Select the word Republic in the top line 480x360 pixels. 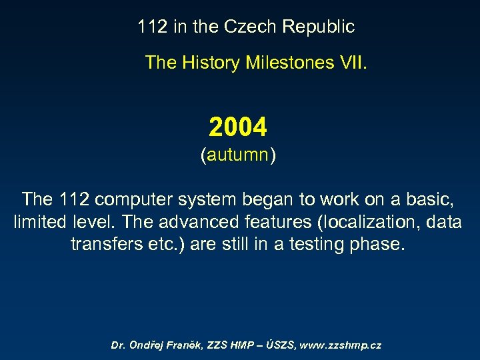click(x=318, y=27)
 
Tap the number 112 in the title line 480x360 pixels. click(x=152, y=27)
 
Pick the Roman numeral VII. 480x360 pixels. click(x=351, y=63)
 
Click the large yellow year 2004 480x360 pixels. click(x=238, y=126)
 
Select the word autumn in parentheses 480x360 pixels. click(x=238, y=155)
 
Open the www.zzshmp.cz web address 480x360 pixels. click(x=341, y=345)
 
